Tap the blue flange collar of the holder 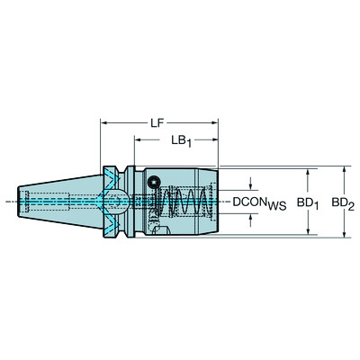(114, 202)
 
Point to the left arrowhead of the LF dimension (103, 120)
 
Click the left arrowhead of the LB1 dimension (138, 139)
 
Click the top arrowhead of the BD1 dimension (308, 173)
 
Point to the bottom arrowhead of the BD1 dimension (308, 233)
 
